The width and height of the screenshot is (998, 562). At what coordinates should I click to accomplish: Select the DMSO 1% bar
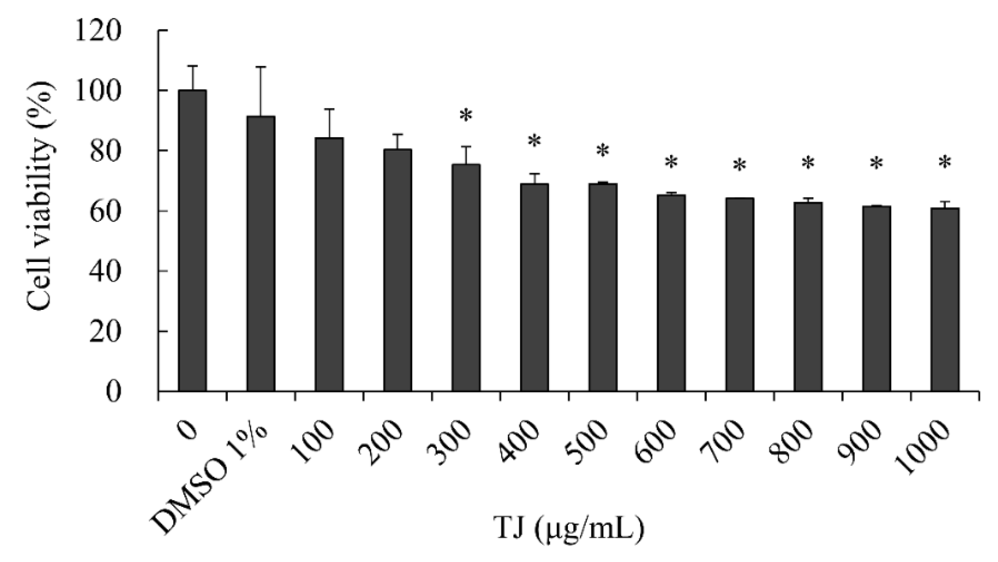click(x=261, y=253)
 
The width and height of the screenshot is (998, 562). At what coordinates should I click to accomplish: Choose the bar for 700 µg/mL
click(x=740, y=294)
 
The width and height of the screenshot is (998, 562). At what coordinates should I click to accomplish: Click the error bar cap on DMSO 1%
click(x=261, y=67)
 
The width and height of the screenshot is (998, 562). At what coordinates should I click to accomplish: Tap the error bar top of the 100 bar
click(x=329, y=109)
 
